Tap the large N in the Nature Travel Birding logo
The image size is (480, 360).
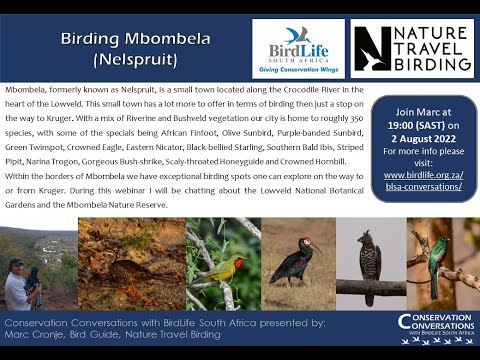tap(374, 47)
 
